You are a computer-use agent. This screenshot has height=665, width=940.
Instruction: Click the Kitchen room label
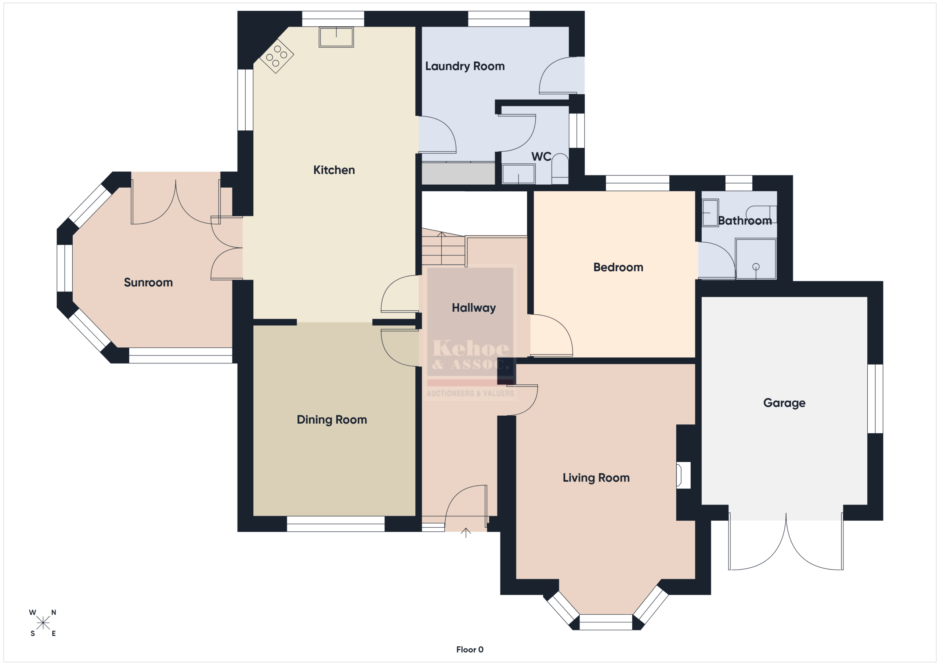point(334,170)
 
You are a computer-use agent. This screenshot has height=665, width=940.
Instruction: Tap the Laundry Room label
point(465,66)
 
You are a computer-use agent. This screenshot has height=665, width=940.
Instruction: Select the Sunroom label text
point(148,282)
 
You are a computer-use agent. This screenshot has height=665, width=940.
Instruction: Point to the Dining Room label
point(332,420)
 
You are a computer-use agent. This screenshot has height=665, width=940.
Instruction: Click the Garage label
point(784,403)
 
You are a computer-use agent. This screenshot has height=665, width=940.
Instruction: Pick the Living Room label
point(596,478)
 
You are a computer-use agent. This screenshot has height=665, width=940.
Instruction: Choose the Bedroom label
point(618,267)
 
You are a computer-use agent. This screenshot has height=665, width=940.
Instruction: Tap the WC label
point(541,156)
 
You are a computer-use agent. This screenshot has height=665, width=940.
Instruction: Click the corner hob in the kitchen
point(277,56)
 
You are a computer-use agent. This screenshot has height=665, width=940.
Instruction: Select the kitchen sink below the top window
point(336,37)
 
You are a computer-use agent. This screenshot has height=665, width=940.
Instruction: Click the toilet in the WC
point(560,169)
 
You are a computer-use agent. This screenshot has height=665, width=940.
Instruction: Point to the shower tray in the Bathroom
point(756,259)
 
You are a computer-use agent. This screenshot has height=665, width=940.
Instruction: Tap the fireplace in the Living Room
point(683,475)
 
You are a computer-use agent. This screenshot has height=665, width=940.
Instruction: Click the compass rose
point(43,623)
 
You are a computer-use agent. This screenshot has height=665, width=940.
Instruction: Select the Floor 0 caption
point(470,650)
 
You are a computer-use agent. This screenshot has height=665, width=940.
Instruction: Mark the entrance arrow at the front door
point(466,532)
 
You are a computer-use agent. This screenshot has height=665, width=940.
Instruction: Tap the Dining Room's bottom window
point(336,524)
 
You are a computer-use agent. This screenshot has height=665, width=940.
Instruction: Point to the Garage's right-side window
point(875,399)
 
